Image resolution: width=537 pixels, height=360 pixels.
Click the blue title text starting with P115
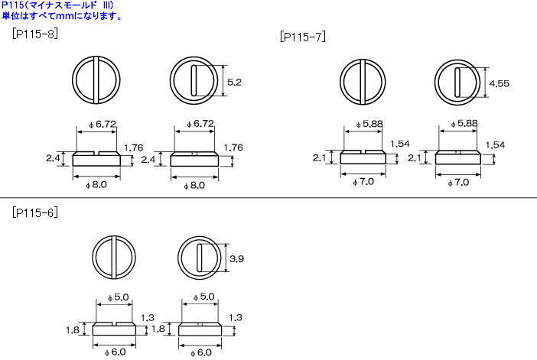[57, 5]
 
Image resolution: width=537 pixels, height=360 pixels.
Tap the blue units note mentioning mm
[62, 16]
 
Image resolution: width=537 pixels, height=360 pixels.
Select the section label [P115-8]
[35, 34]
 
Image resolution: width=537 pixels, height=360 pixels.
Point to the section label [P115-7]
[303, 36]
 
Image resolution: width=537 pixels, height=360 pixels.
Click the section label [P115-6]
[35, 212]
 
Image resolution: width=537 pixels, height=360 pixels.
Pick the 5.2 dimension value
[234, 82]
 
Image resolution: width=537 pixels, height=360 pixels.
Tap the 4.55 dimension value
[499, 83]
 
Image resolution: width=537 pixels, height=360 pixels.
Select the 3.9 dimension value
[236, 258]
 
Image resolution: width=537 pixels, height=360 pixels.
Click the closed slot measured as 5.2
[194, 80]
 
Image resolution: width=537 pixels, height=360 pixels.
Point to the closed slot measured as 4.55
[457, 83]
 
